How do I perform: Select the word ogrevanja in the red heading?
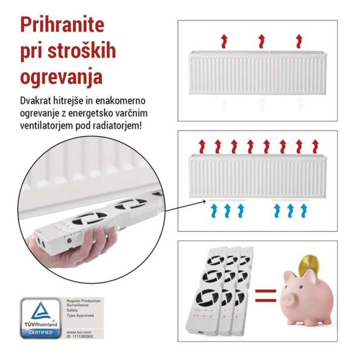coord(61,77)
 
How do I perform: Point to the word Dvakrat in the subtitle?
coord(36,101)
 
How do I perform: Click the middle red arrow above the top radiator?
coord(261,40)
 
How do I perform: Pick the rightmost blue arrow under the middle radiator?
coord(303,210)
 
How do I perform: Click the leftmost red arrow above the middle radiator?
coord(202,145)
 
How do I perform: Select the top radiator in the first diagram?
coord(258,73)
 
